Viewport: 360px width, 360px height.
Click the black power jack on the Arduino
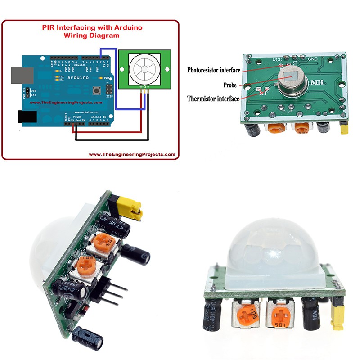27,117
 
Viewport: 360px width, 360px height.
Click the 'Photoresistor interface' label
213,71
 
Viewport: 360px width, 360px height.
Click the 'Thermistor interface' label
213,99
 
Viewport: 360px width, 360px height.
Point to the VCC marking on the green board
278,59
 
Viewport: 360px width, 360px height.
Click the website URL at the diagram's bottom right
132,154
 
